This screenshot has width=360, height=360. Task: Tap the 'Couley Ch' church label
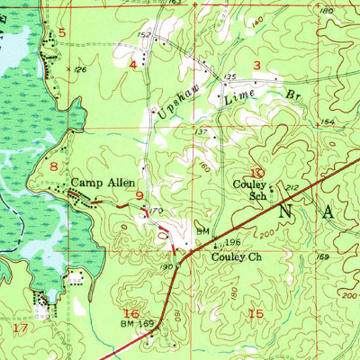coord(236,256)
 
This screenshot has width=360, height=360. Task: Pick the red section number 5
coord(62,33)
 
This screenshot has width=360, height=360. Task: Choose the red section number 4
coord(133,65)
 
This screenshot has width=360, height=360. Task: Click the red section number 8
coord(54,166)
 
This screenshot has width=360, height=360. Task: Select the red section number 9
coord(139,194)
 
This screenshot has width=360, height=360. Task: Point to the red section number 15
coord(256,313)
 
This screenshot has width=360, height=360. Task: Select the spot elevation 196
coord(234,241)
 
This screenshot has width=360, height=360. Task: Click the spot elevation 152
coord(143,35)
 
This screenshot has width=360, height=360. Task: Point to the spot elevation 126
coord(80,69)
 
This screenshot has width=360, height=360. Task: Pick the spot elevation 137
coord(202,132)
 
